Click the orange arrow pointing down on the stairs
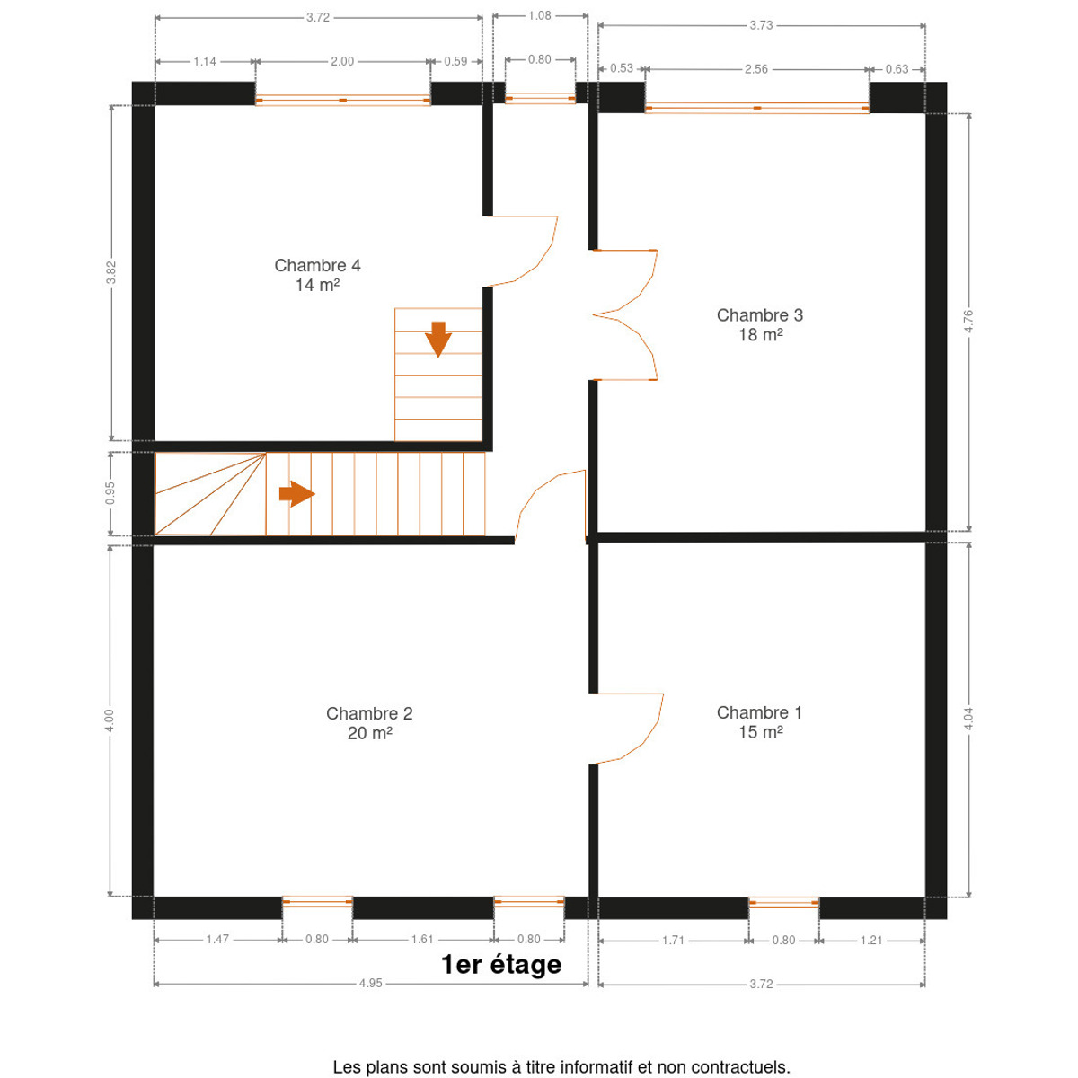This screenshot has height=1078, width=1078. [x=438, y=339]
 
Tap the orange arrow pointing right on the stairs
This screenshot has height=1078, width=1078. [x=297, y=494]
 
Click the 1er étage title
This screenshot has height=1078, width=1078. [x=500, y=965]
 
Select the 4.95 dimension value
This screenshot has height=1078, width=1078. [x=370, y=984]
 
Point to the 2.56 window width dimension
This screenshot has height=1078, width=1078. [x=755, y=69]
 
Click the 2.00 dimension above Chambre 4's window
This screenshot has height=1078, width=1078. [x=341, y=62]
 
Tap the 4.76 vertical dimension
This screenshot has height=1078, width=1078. [x=969, y=321]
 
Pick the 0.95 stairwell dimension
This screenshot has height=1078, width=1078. [x=110, y=493]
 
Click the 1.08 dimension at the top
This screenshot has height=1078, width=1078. [x=539, y=15]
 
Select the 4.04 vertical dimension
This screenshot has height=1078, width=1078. [x=969, y=719]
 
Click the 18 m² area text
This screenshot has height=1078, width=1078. [x=760, y=334]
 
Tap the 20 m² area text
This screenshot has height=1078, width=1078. [x=369, y=733]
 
